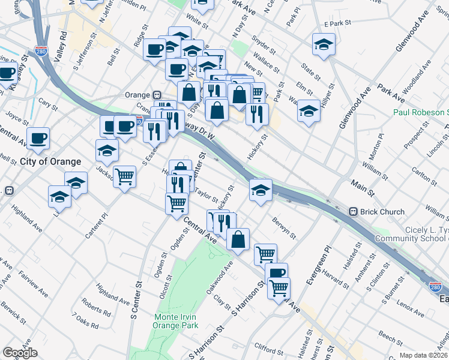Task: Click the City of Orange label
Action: [x=50, y=161]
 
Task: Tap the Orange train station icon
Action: [x=157, y=95]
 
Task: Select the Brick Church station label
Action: [x=383, y=211]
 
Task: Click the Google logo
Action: [x=20, y=353]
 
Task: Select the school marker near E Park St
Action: [x=324, y=45]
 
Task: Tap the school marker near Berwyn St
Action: [x=261, y=190]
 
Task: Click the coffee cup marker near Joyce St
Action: [x=38, y=137]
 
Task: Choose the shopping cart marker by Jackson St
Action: [x=125, y=176]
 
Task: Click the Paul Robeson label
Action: [x=421, y=112]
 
